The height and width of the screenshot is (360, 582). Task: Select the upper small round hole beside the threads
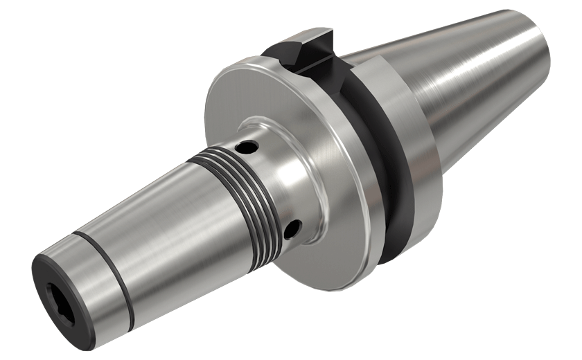(x=247, y=147)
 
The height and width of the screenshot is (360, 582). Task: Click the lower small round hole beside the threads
(x=294, y=226)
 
